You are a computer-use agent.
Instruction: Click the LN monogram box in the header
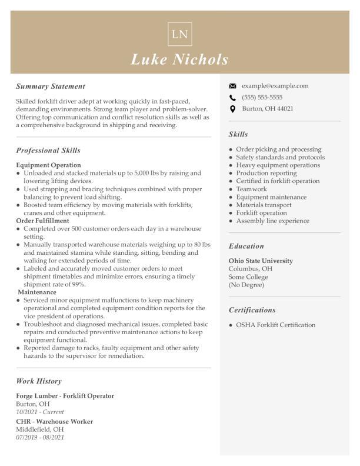[179, 34]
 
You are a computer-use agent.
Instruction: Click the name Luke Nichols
[179, 59]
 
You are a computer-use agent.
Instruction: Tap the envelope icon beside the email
[232, 86]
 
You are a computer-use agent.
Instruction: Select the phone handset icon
[232, 98]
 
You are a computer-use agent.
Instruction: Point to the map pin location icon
[232, 109]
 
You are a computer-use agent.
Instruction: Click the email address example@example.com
[275, 86]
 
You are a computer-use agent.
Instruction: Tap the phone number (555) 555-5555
[262, 98]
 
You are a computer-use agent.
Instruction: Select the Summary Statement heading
[51, 86]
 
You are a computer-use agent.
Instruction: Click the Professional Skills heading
[48, 151]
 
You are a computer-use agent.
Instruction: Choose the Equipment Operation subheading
[48, 165]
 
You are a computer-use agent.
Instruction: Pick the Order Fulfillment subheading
[42, 221]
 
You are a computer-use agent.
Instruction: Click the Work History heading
[39, 381]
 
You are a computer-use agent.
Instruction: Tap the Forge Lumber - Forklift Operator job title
[65, 396]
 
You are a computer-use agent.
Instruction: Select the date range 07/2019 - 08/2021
[40, 437]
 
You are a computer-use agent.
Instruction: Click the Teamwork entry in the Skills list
[251, 189]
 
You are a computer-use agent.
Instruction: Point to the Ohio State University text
[261, 261]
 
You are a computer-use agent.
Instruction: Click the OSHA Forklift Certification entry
[275, 325]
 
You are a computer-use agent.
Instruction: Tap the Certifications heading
[252, 310]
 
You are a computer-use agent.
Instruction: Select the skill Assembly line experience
[272, 221]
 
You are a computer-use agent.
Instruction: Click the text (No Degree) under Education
[246, 285]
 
